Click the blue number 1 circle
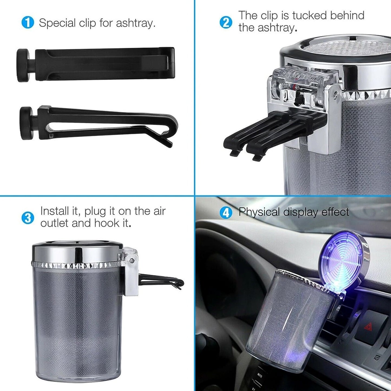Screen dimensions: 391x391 tap(28, 22)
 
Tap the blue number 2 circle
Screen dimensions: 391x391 tap(226, 22)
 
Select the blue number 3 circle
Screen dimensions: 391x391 tap(28, 218)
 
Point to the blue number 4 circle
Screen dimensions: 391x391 tap(226, 213)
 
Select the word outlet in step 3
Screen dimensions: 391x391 tap(54, 223)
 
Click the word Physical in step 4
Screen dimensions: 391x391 tap(259, 212)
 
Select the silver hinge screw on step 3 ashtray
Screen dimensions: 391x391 tap(132, 260)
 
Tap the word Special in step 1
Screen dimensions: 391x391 tap(57, 23)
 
